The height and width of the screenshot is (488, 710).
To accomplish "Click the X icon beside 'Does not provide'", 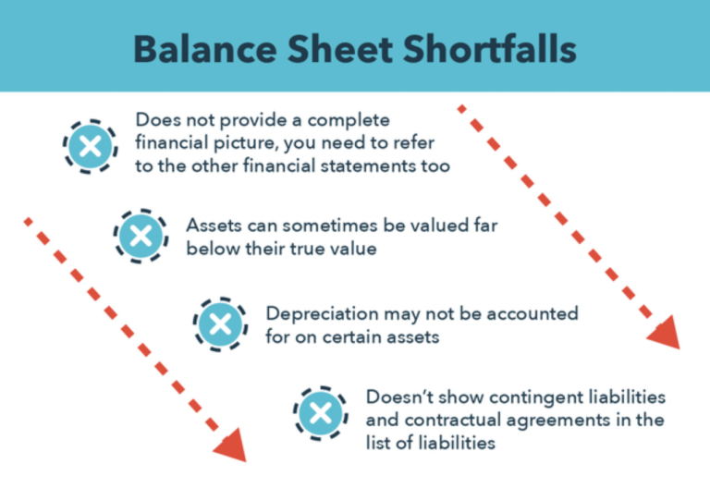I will pos(89,145).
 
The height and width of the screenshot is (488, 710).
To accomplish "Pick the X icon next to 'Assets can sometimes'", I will pos(141,236).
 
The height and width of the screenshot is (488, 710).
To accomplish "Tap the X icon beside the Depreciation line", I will pos(219,324).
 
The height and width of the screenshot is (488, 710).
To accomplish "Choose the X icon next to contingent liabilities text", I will pos(320,411).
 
